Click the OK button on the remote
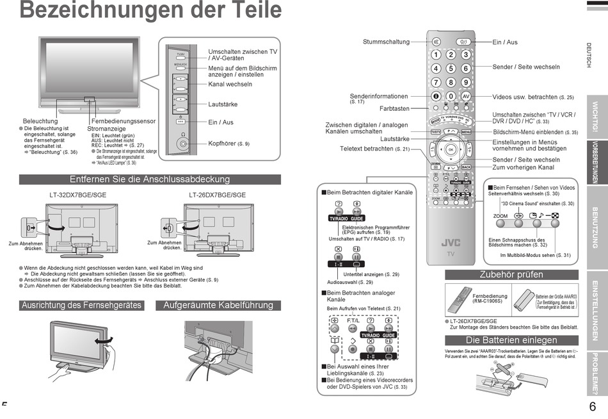tap(451, 149)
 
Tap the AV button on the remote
tap(466, 96)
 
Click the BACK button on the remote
tap(467, 167)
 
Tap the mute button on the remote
tap(436, 42)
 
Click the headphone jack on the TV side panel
tap(184, 143)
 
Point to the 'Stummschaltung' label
tap(386, 42)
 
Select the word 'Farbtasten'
tap(394, 109)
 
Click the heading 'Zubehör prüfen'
tap(511, 275)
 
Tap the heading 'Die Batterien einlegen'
tap(511, 340)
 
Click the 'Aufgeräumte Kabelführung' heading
tap(218, 306)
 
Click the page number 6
tap(592, 407)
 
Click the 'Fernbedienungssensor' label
tap(124, 121)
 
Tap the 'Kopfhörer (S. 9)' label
tap(228, 144)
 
